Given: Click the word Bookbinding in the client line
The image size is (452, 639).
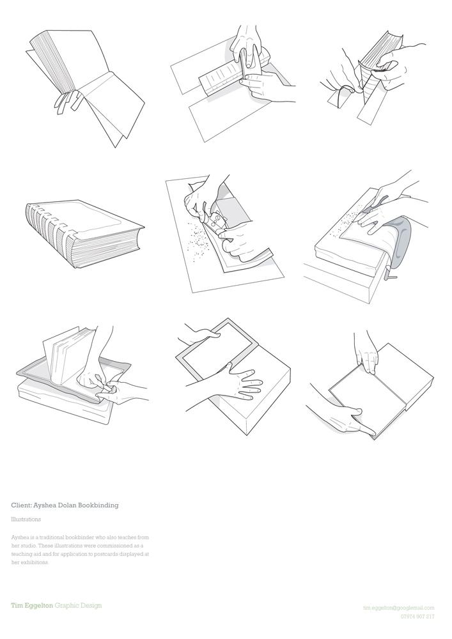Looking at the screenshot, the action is tap(98, 505).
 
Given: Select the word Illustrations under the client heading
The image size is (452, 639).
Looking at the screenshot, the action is tap(26, 520).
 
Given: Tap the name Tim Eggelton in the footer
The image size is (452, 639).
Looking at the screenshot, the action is tap(32, 606).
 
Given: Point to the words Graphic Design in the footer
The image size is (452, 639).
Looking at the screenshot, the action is tap(78, 606).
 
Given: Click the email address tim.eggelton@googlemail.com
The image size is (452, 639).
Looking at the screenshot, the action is tap(398, 608).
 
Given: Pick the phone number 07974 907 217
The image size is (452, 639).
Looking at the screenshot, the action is tap(417, 617).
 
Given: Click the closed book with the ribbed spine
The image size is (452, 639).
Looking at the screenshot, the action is tap(84, 233).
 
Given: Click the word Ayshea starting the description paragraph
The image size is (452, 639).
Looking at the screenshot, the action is tap(19, 537).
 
